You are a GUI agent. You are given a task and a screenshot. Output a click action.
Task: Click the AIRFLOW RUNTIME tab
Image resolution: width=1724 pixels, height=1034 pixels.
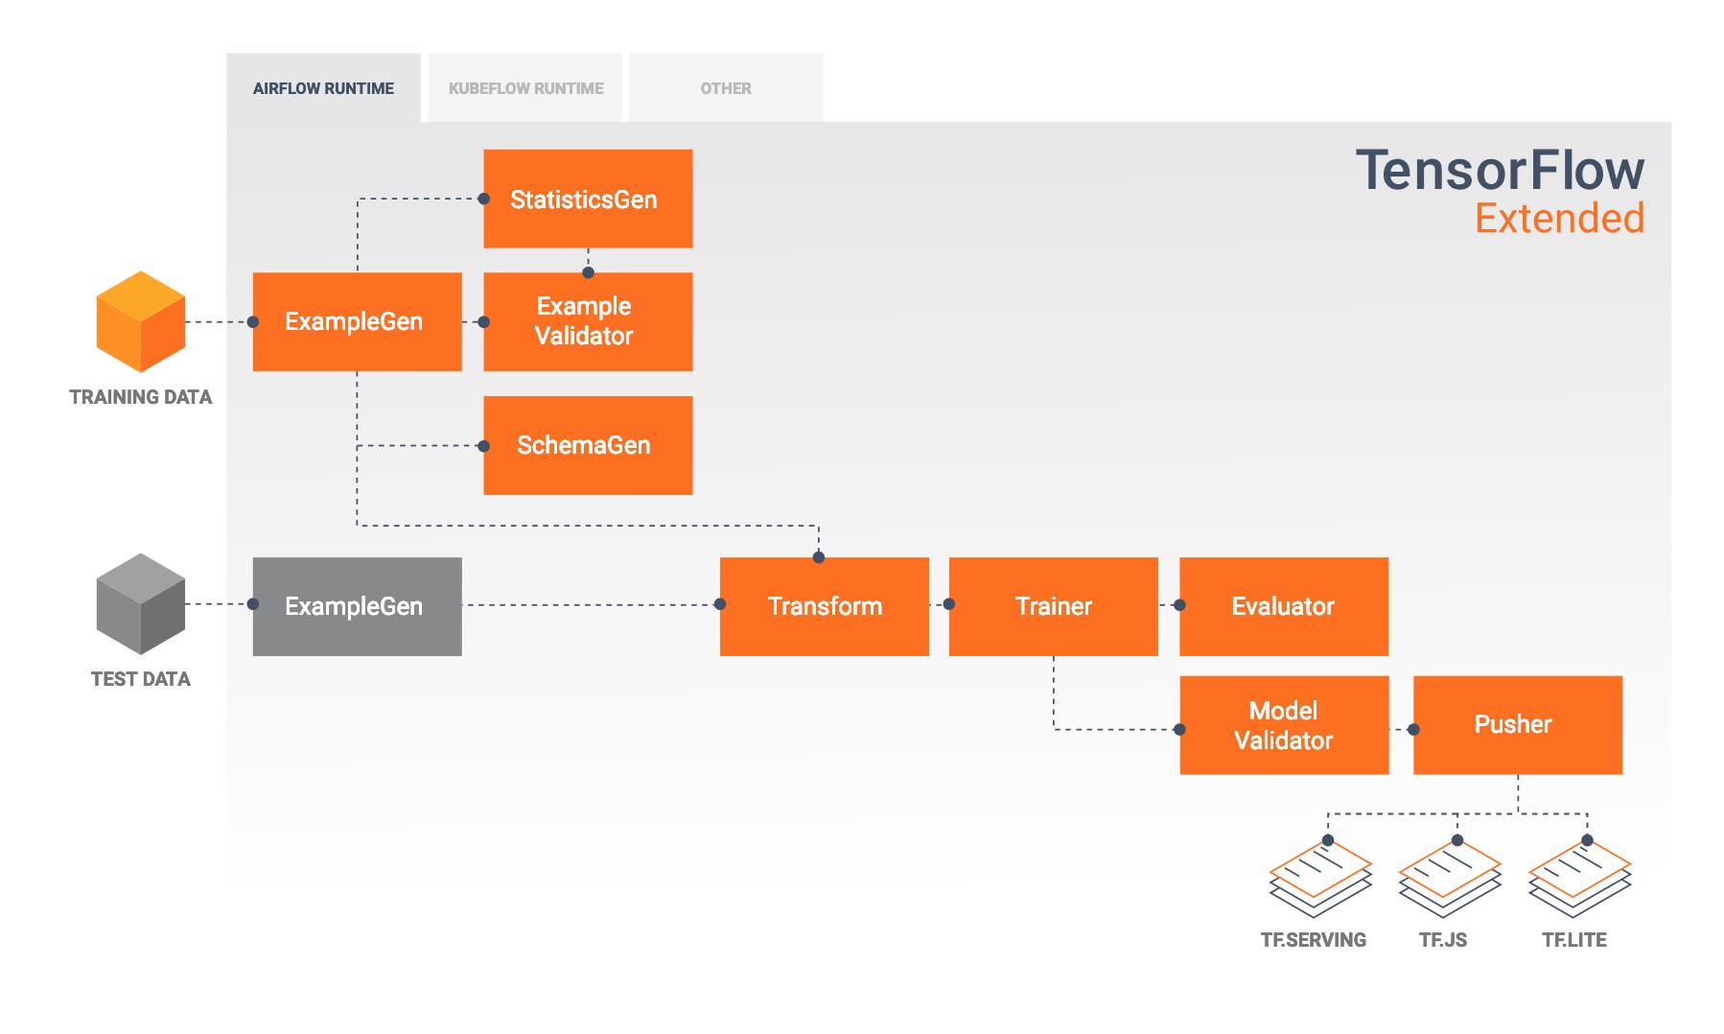[323, 88]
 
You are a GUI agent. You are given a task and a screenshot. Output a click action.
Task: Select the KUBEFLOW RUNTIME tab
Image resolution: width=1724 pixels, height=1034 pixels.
[525, 88]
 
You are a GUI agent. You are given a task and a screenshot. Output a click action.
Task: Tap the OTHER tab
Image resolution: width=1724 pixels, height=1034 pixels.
[726, 88]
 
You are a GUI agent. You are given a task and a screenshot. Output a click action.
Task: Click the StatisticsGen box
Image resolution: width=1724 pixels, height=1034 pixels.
[588, 199]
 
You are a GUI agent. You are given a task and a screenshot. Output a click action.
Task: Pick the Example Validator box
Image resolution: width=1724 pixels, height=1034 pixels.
[588, 321]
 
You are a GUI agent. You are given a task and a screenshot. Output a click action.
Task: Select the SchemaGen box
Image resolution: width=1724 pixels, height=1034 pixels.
[588, 445]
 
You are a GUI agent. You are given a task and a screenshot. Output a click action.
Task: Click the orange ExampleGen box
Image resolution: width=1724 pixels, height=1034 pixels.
[357, 321]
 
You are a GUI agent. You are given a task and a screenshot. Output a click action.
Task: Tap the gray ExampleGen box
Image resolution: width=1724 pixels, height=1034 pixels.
[357, 606]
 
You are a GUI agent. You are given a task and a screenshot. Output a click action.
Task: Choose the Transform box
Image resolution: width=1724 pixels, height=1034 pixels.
[824, 606]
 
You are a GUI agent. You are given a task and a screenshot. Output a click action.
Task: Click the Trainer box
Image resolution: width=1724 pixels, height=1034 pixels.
[1053, 606]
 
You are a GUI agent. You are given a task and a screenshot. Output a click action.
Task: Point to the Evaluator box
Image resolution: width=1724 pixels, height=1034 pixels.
[1283, 606]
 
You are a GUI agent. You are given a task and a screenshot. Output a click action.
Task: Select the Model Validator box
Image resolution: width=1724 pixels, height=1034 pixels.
[1283, 725]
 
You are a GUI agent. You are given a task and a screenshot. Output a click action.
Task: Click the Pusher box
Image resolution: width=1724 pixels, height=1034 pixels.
[1517, 724]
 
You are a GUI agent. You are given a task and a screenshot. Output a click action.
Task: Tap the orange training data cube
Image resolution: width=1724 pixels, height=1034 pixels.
[141, 322]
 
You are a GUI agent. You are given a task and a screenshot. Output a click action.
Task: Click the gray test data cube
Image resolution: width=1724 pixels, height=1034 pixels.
[141, 604]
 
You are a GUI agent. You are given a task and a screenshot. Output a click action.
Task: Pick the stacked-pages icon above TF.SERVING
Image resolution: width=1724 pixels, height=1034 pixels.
[1320, 880]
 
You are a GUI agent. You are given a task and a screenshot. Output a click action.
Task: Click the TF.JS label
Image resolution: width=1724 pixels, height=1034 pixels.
[1443, 940]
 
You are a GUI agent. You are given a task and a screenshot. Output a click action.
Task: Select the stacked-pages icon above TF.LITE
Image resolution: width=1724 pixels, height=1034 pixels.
[1579, 880]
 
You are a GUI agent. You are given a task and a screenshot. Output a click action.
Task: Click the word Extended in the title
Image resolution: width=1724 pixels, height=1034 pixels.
[1559, 219]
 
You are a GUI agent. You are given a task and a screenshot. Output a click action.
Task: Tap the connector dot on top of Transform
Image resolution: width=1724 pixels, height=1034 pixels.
[819, 557]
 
